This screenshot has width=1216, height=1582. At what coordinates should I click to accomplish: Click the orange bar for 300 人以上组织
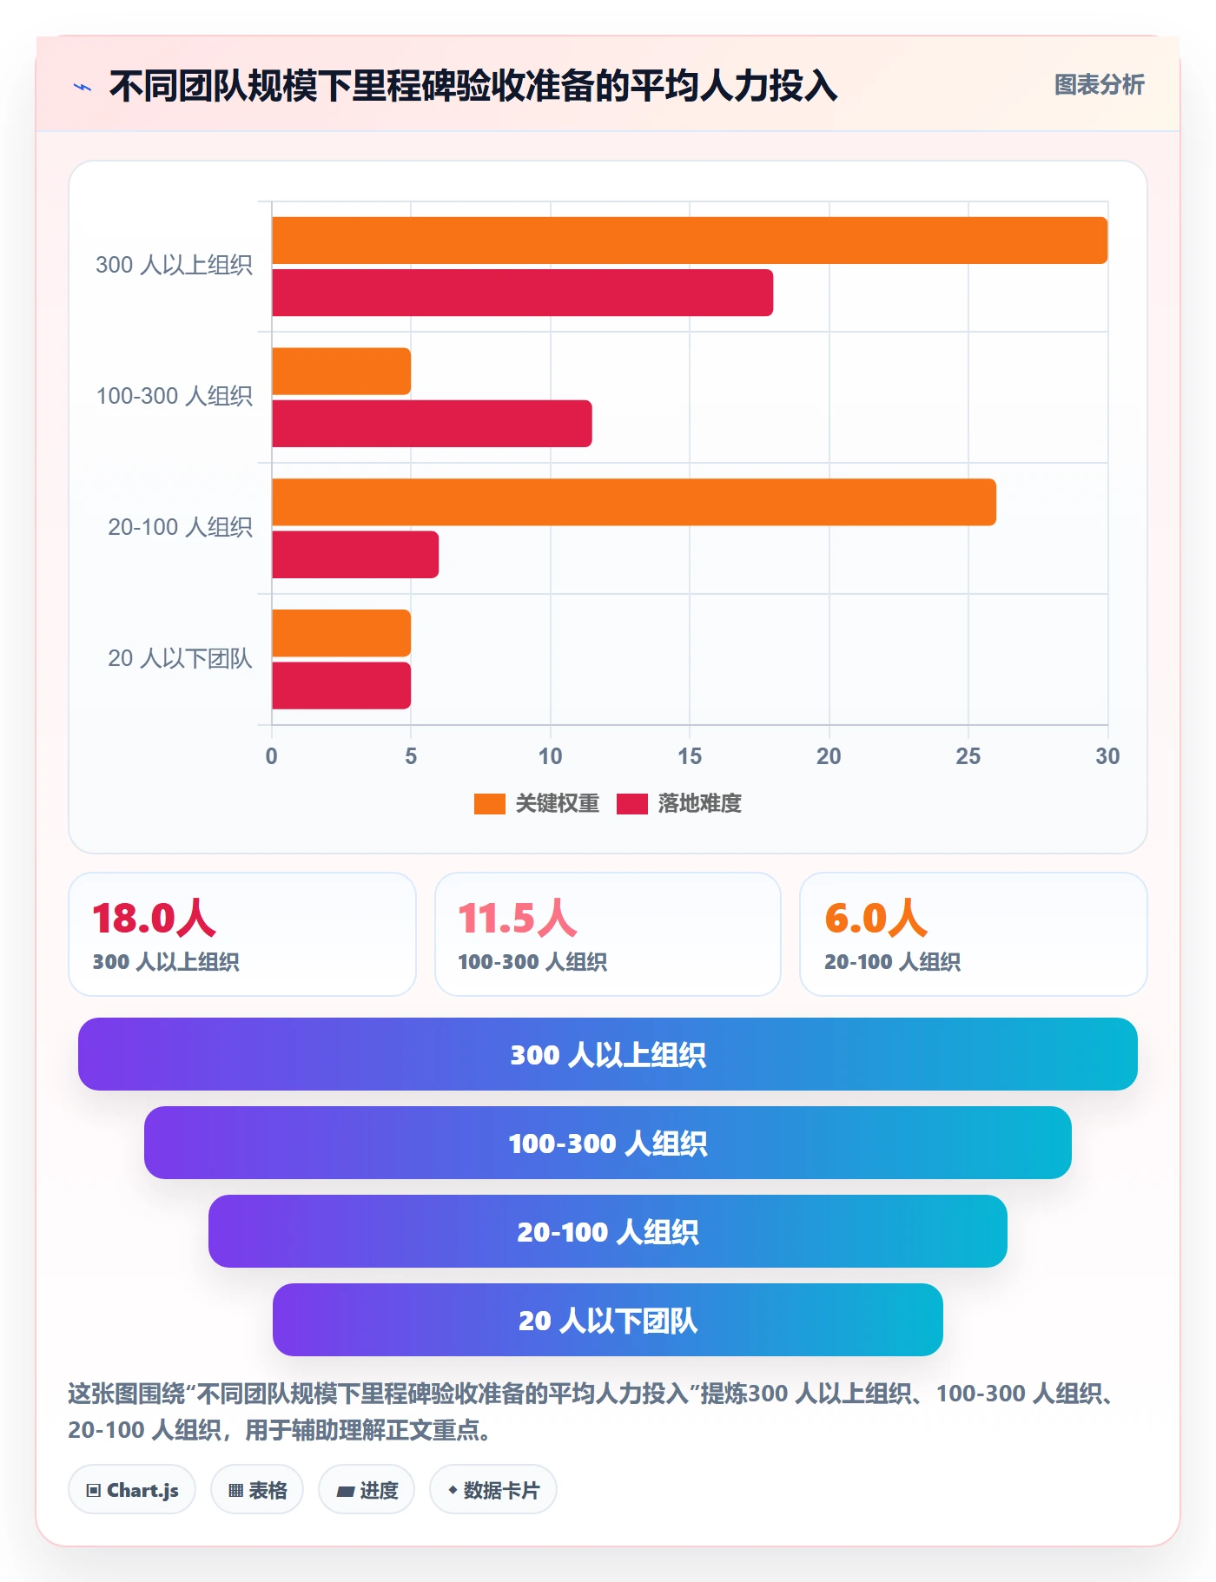pyautogui.click(x=690, y=241)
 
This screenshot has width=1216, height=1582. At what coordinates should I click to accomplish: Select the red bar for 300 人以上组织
pyautogui.click(x=522, y=293)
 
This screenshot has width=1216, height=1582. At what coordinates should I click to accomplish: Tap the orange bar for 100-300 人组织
pyautogui.click(x=341, y=372)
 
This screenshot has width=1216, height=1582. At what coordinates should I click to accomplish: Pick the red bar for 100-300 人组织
pyautogui.click(x=432, y=424)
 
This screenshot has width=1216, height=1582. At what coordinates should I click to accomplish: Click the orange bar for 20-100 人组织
pyautogui.click(x=634, y=502)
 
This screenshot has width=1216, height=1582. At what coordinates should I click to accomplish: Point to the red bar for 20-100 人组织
pyautogui.click(x=355, y=555)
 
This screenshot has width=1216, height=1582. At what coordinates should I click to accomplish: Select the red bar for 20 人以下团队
pyautogui.click(x=341, y=686)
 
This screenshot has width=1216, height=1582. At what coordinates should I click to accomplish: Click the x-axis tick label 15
pyautogui.click(x=690, y=756)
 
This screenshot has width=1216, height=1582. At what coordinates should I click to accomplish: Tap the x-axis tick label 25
pyautogui.click(x=968, y=756)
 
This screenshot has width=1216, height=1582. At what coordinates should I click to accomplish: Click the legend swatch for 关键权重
pyautogui.click(x=489, y=804)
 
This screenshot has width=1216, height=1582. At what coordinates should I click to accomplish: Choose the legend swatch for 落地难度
pyautogui.click(x=632, y=804)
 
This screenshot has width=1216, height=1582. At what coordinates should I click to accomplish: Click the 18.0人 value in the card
pyautogui.click(x=154, y=918)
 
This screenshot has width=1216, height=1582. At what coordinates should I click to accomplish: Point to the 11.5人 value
pyautogui.click(x=518, y=918)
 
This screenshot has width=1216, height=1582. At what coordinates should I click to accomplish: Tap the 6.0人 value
pyautogui.click(x=876, y=918)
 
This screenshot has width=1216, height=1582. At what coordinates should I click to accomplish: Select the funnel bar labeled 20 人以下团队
pyautogui.click(x=608, y=1320)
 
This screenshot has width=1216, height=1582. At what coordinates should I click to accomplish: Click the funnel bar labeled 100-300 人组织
pyautogui.click(x=608, y=1143)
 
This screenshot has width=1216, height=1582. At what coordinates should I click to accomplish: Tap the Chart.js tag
pyautogui.click(x=132, y=1490)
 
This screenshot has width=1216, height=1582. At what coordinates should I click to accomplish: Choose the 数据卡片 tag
pyautogui.click(x=493, y=1490)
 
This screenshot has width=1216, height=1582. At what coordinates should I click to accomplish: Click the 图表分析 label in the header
pyautogui.click(x=1100, y=85)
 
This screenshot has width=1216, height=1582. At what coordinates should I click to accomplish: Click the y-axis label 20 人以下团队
pyautogui.click(x=180, y=659)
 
